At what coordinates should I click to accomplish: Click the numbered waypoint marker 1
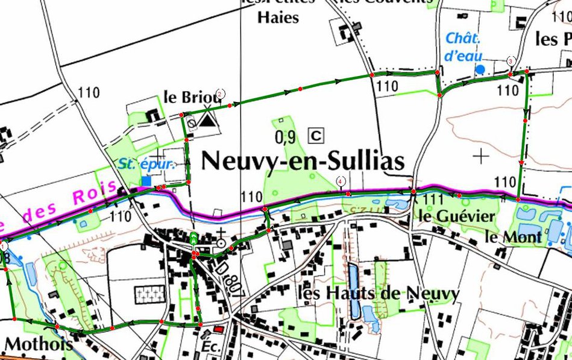[x=2, y=245]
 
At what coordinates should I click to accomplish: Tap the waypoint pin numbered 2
[x=221, y=93]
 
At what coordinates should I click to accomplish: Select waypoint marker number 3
[x=511, y=61]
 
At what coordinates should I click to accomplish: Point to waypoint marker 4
[x=341, y=180]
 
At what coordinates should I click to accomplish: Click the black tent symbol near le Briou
[x=208, y=120]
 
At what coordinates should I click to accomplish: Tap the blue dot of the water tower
[x=480, y=69]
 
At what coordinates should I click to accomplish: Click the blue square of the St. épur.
[x=146, y=181]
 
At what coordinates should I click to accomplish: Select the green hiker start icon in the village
[x=193, y=237]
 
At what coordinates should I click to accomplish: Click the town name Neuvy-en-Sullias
[x=302, y=162]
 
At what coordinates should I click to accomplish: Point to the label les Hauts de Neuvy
[x=379, y=294]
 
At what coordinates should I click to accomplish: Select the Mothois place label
[x=39, y=344]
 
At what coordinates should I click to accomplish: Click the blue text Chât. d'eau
[x=464, y=47]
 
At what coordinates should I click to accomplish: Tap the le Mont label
[x=513, y=237]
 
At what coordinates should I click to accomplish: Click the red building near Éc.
[x=218, y=330]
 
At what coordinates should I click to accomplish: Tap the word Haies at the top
[x=278, y=17]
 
